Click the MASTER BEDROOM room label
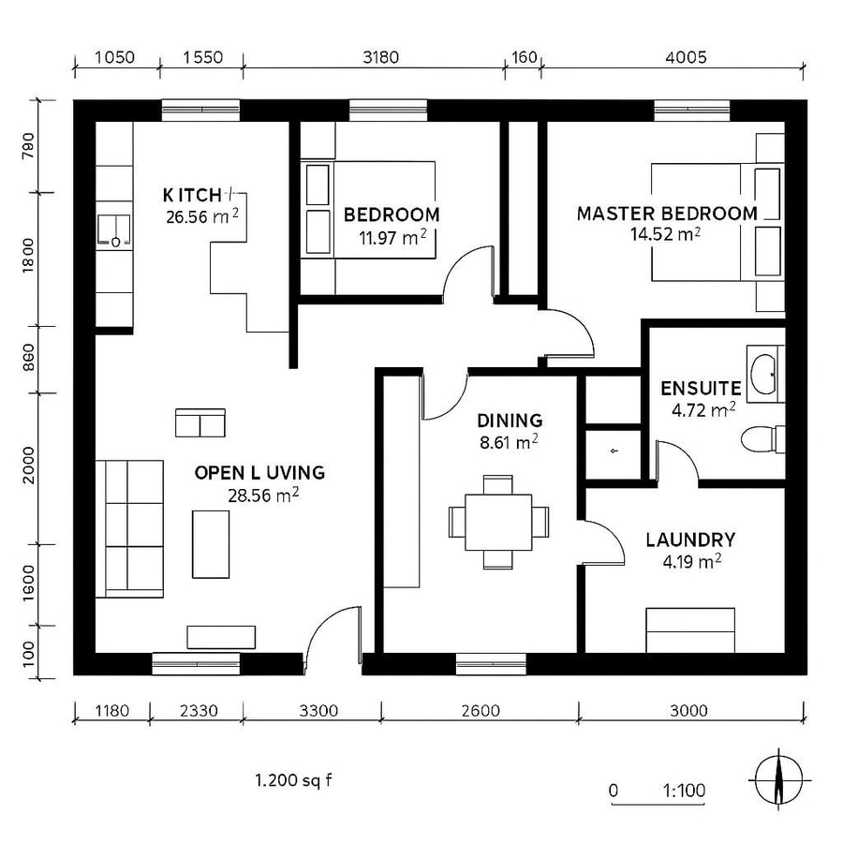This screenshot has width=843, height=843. [x=666, y=214]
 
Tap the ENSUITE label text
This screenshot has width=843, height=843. [x=701, y=388]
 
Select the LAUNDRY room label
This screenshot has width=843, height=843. [x=689, y=540]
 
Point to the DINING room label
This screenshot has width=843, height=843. [x=509, y=421]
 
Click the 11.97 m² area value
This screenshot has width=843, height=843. [x=392, y=237]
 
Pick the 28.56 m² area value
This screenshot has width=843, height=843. [x=262, y=495]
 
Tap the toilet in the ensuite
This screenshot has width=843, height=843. [x=762, y=437]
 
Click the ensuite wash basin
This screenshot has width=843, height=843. [x=765, y=373]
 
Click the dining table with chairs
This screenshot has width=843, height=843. [x=497, y=522]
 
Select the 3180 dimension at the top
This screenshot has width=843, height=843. [x=380, y=57]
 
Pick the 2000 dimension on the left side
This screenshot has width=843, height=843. [x=28, y=466]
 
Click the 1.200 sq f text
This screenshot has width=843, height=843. [x=294, y=779]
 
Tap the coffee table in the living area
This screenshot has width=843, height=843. [x=211, y=543]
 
